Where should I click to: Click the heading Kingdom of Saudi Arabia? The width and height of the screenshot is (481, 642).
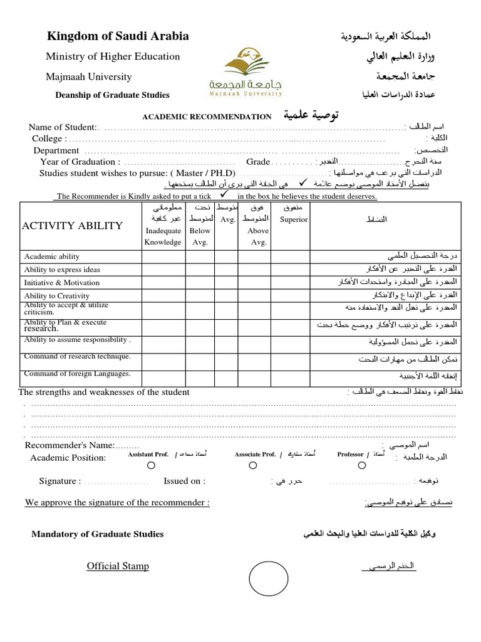coord(118,36)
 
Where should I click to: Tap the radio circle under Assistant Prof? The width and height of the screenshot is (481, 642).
coord(150,466)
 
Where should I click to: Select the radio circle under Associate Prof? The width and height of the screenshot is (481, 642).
coord(252,466)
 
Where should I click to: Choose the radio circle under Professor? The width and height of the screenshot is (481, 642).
coord(362,466)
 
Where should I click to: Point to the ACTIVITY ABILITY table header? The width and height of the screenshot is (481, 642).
coord(73,226)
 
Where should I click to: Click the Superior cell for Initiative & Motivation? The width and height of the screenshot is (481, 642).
coord(294,283)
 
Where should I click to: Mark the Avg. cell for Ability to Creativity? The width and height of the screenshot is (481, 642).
coord(227,295)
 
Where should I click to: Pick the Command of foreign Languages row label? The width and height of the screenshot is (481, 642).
coord(77,374)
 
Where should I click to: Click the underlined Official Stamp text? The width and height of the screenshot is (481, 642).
coord(118,566)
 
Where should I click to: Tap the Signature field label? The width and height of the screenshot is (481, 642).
coord(59,481)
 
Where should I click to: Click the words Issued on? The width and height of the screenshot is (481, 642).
coord(184,481)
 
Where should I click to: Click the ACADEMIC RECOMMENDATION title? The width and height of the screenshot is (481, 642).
coord(207,117)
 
